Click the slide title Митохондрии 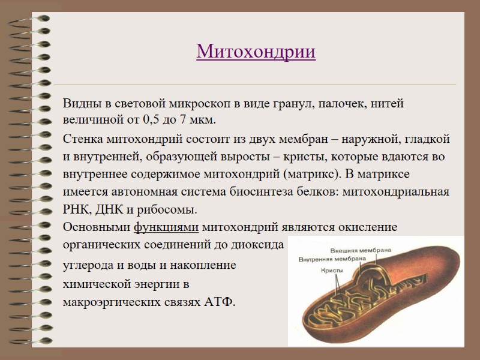point(256,52)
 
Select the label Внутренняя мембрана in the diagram point(332,259)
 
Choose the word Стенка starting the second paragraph point(83,140)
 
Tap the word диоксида point(260,245)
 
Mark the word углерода point(88,265)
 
